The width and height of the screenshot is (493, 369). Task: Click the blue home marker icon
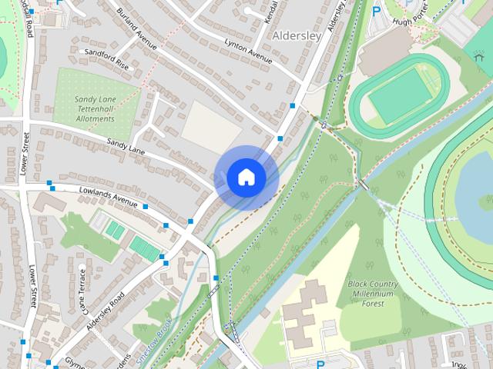(x=246, y=178)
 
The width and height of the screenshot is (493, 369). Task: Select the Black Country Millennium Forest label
(x=372, y=293)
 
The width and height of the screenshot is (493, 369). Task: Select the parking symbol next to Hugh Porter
(x=377, y=11)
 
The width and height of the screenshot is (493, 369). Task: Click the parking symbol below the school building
(x=320, y=363)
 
